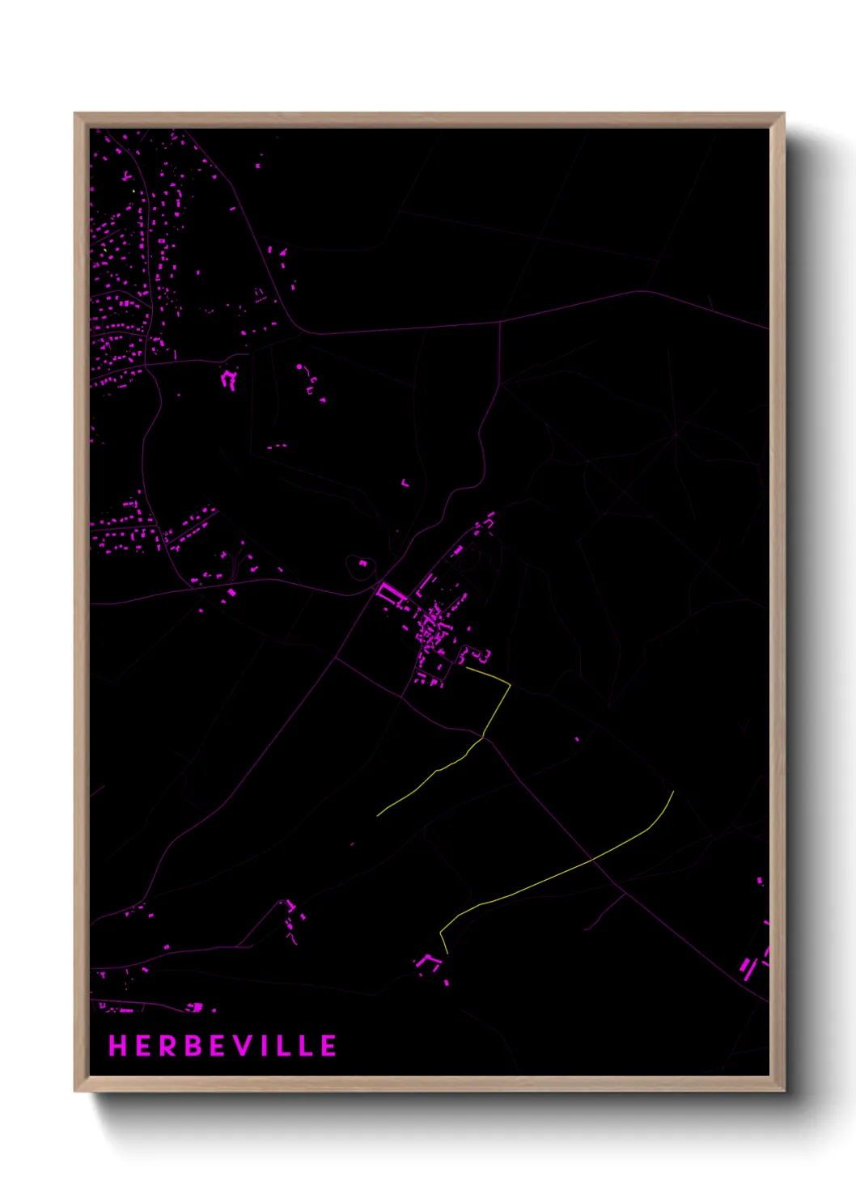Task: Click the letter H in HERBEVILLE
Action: coord(118,1046)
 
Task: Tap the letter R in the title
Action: coord(168,1046)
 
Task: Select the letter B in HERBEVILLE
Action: coord(194,1046)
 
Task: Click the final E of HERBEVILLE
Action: coord(328,1046)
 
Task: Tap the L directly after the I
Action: coord(286,1046)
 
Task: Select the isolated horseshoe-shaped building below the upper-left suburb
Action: coord(229,378)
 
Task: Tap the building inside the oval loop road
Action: coord(362,563)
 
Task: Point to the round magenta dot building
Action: coord(299,367)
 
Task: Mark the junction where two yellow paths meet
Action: coord(483,737)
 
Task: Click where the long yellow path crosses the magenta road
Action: coord(594,861)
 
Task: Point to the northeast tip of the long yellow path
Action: coord(673,792)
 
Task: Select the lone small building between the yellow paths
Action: coord(577,738)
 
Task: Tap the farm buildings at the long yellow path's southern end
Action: coord(428,962)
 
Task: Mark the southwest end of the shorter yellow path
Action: coord(378,815)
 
